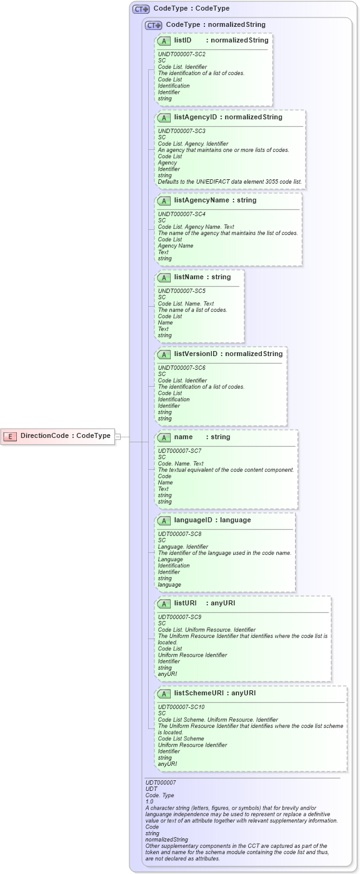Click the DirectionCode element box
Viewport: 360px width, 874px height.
click(59, 436)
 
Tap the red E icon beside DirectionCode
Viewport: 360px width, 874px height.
click(10, 436)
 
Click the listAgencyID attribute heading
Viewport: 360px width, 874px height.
click(228, 117)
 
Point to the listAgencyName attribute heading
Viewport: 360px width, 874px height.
click(215, 201)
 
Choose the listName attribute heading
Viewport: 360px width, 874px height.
click(202, 277)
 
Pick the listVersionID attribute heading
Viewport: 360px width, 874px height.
click(228, 354)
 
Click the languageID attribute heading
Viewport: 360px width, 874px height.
click(212, 520)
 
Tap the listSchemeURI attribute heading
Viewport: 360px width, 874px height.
click(216, 693)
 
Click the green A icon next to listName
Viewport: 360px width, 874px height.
click(164, 277)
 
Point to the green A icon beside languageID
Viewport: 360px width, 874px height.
click(164, 520)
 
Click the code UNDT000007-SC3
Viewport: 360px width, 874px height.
click(182, 131)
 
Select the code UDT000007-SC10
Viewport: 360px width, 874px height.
click(181, 707)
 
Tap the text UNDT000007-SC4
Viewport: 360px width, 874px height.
click(182, 214)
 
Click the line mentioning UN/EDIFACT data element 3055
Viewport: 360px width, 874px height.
click(229, 182)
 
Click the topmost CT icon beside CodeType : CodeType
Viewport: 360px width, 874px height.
click(141, 9)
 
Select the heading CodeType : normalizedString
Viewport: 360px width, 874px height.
click(216, 25)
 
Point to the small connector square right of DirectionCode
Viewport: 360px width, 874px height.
click(118, 437)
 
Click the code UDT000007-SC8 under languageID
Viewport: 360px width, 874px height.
click(180, 534)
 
